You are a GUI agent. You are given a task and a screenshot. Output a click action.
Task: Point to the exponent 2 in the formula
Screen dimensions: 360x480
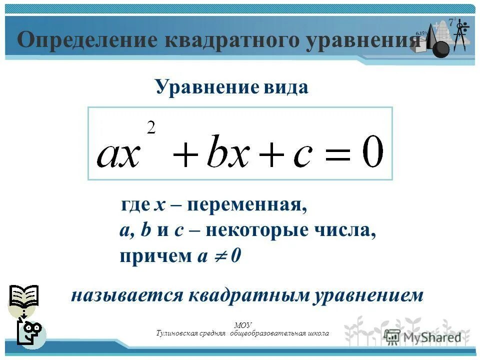point(151,128)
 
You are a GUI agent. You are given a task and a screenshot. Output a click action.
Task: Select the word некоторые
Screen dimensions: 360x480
point(254,231)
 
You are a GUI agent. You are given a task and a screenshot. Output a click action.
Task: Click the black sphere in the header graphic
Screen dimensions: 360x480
point(440,49)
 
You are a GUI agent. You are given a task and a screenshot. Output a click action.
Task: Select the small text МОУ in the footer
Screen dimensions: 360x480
point(242,325)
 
